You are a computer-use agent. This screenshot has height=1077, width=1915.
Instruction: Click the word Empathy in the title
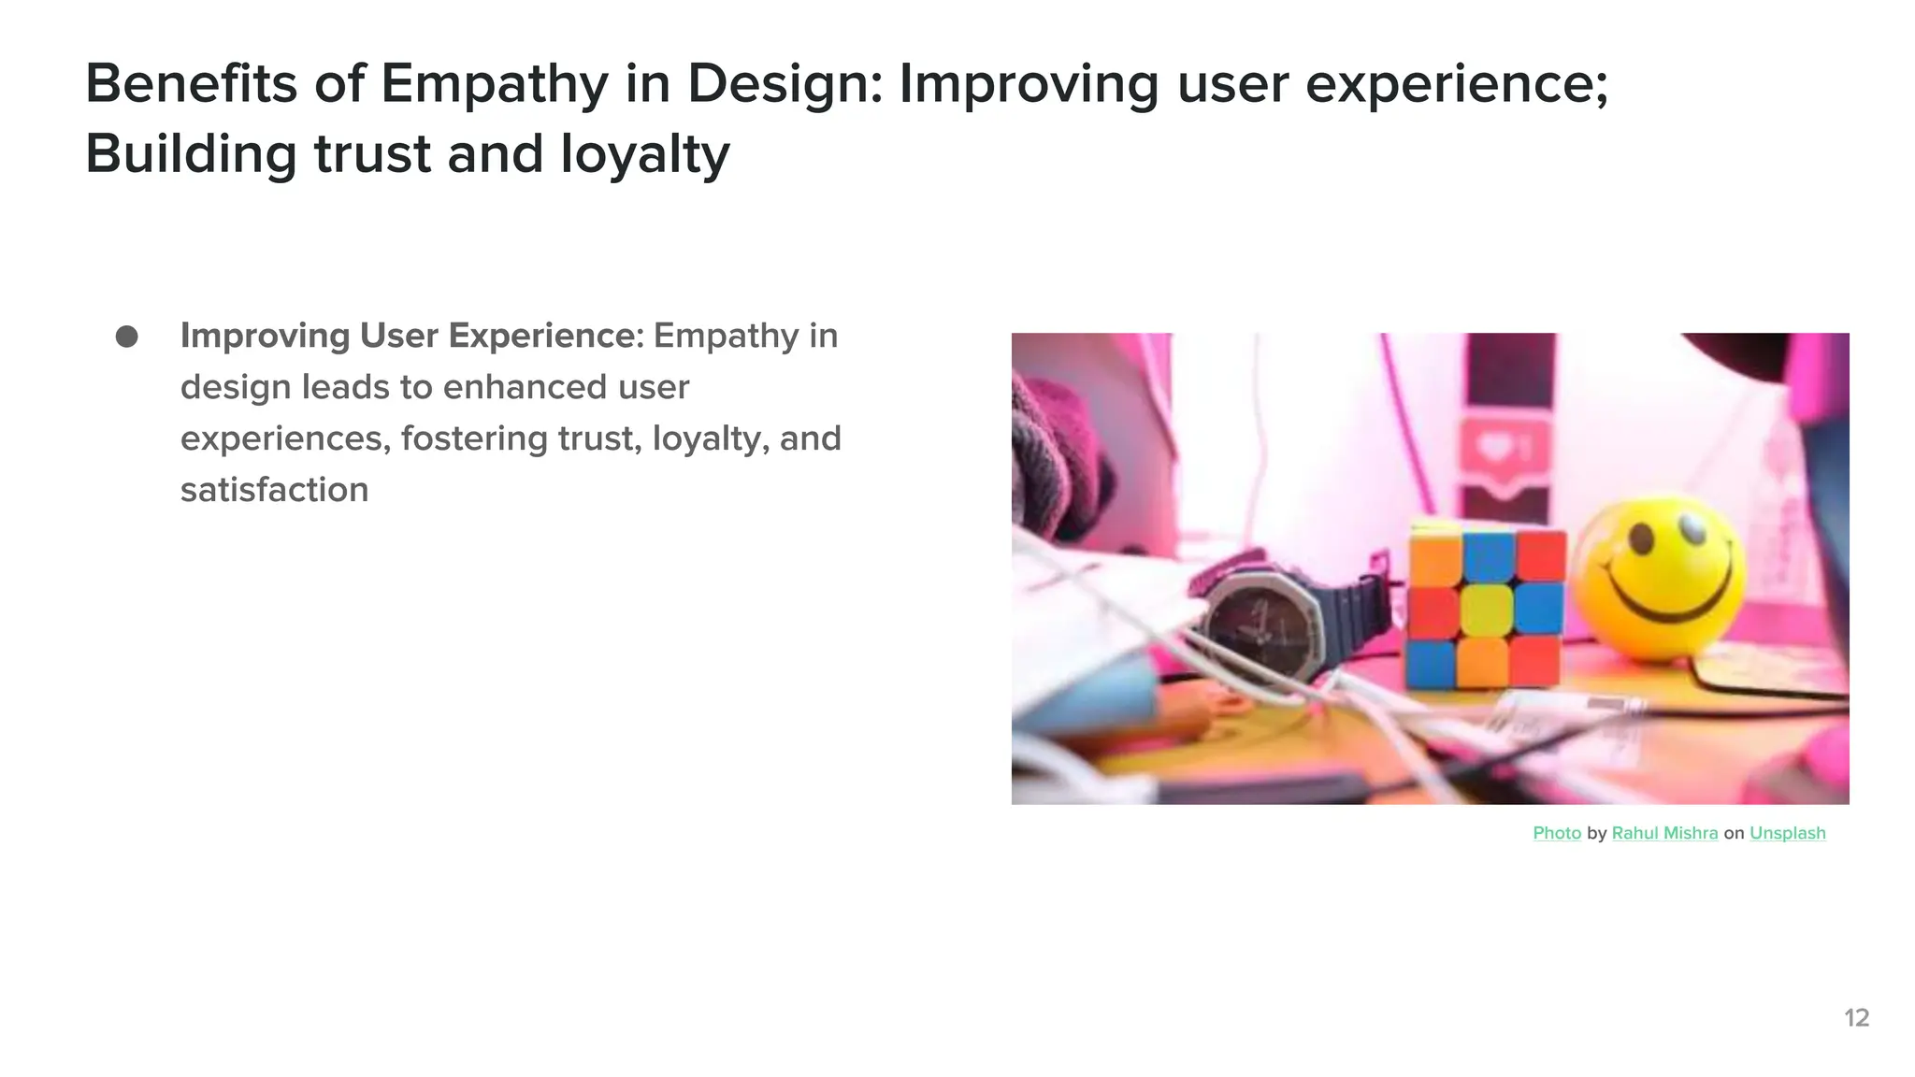494,84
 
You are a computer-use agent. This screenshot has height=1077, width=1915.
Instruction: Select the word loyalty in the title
644,154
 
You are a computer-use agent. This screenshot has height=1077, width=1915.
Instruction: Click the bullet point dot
127,337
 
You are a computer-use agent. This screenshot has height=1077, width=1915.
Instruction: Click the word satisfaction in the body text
274,490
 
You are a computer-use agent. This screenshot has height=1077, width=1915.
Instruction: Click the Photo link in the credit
1557,833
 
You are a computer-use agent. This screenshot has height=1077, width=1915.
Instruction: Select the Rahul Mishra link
1664,833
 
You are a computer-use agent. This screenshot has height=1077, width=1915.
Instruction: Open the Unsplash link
1787,833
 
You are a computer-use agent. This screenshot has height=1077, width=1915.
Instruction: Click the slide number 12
1856,1018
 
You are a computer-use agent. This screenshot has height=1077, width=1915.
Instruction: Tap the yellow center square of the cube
1486,610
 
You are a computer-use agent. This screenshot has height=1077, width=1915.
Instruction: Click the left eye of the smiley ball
1641,538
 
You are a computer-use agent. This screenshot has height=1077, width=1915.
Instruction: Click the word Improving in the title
1029,84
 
